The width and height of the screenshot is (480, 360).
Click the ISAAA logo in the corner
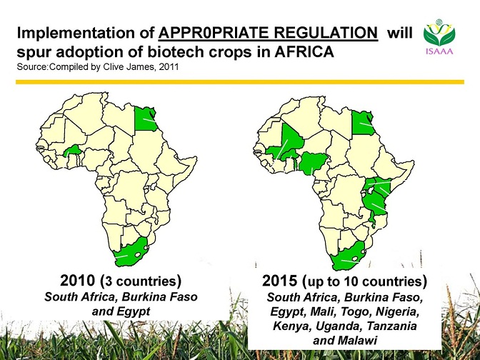[x=439, y=37]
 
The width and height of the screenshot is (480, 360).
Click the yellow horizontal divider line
[x=240, y=81]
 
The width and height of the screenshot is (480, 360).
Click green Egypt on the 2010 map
[x=145, y=119]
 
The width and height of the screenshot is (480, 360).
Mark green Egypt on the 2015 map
[x=362, y=122]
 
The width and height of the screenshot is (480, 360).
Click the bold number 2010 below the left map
[x=78, y=281]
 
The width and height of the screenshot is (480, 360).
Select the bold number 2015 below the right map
[x=279, y=281]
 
